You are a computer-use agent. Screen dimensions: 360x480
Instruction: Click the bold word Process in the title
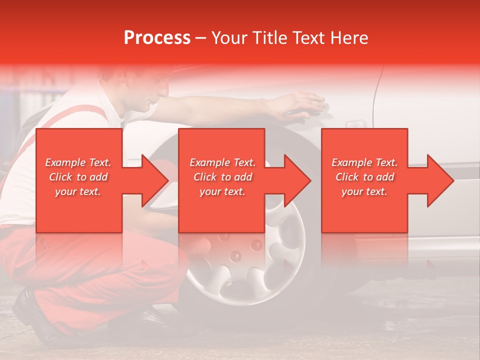click(x=157, y=38)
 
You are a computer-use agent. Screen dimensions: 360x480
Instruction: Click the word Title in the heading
click(x=269, y=38)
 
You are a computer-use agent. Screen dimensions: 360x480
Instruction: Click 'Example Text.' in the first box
click(x=78, y=162)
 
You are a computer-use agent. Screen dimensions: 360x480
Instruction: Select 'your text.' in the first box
click(x=78, y=191)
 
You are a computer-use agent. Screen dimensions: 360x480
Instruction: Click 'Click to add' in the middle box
click(x=222, y=177)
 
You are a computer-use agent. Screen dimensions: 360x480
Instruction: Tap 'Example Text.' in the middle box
click(x=222, y=162)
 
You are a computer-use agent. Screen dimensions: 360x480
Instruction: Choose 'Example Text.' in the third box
click(x=364, y=162)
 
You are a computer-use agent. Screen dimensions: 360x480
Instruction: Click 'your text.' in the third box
click(x=364, y=191)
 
